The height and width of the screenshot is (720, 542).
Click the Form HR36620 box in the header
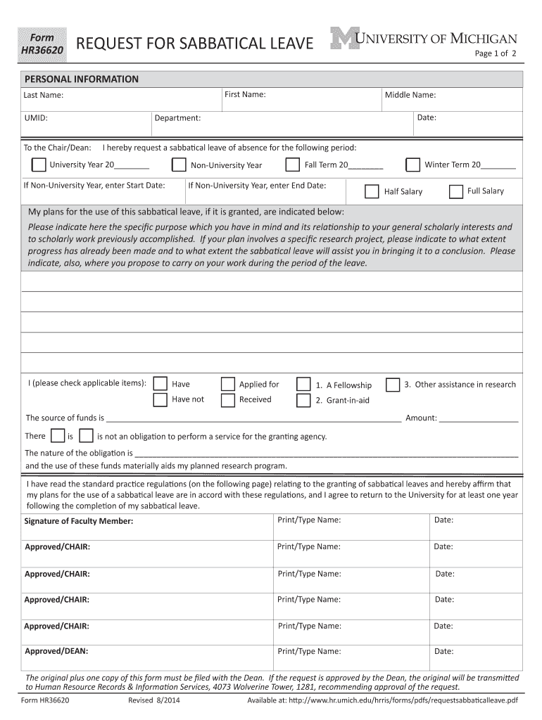(x=43, y=44)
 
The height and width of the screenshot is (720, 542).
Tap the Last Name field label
(x=44, y=95)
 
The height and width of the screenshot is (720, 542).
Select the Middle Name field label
(x=410, y=95)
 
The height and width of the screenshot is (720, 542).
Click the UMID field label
(x=36, y=118)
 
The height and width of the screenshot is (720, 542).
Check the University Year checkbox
(x=39, y=165)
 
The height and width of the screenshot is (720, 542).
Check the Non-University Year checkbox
(x=179, y=165)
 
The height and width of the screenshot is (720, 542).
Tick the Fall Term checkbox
(x=292, y=165)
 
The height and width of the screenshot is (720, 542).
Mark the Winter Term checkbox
(x=413, y=165)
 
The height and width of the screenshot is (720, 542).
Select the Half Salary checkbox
(x=372, y=191)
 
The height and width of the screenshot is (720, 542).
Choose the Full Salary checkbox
(x=455, y=191)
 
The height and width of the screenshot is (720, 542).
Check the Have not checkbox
(x=160, y=400)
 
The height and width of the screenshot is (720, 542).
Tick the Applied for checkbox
(x=228, y=384)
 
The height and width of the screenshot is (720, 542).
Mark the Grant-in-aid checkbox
(x=303, y=401)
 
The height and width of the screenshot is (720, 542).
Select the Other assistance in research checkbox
(x=393, y=384)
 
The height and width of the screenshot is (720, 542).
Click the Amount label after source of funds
(x=421, y=418)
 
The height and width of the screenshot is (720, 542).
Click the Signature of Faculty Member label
(x=79, y=521)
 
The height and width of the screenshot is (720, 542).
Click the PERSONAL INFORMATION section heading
(x=82, y=79)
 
